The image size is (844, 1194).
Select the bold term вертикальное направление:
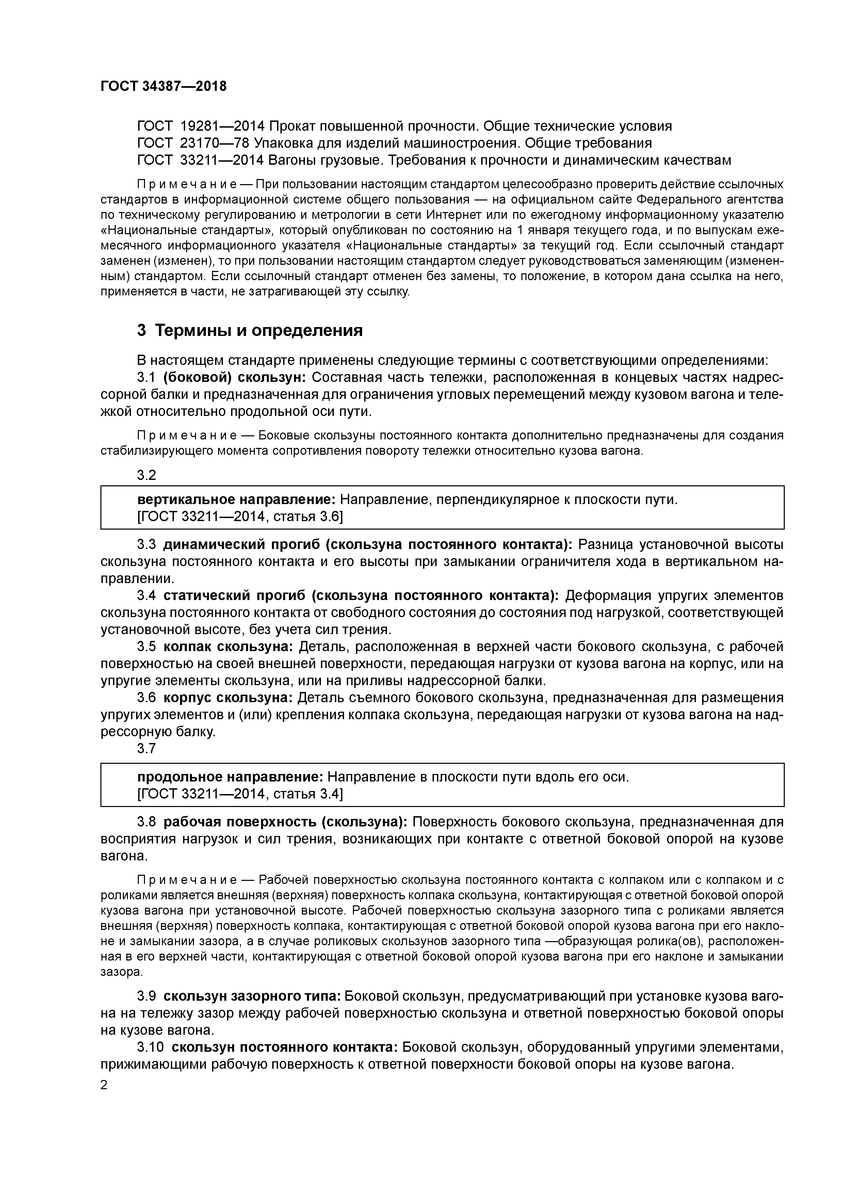(x=237, y=500)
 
